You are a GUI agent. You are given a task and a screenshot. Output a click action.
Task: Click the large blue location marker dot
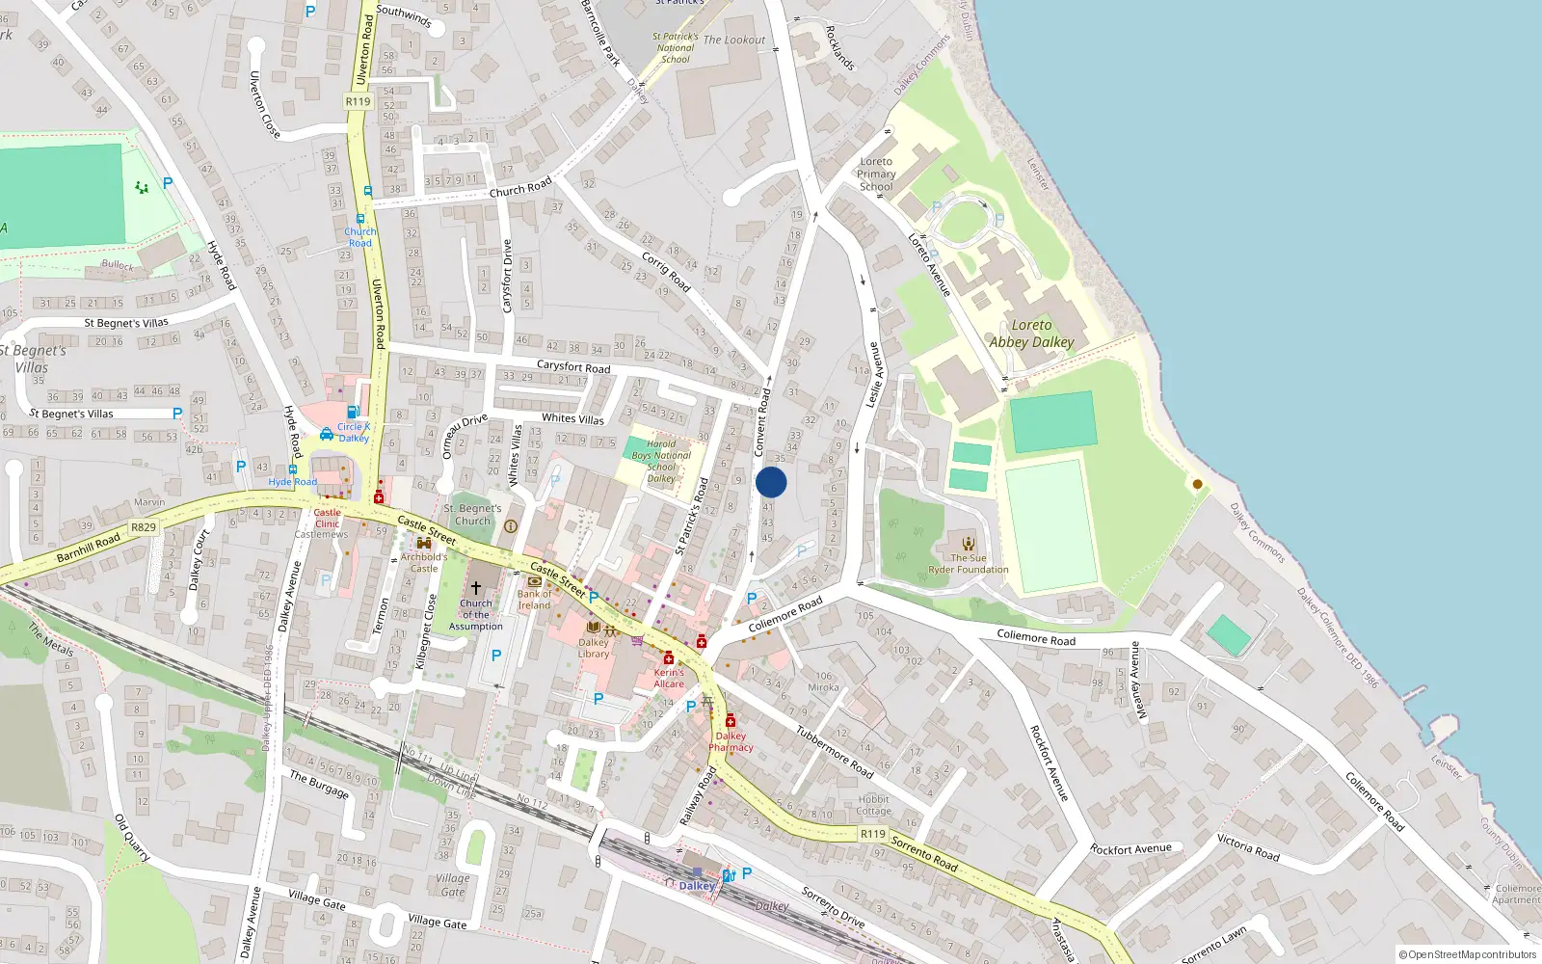pos(771,482)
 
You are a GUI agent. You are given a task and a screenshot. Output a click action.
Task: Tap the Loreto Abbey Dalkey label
pos(1031,334)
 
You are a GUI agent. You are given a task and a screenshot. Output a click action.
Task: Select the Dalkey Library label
pos(594,648)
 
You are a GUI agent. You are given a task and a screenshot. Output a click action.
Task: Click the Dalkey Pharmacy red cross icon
pos(731,721)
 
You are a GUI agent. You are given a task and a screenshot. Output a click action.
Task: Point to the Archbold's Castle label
pos(424,562)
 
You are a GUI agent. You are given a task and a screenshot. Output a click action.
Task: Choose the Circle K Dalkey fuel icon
pos(353,413)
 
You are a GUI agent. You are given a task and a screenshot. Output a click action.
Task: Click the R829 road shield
pos(144,527)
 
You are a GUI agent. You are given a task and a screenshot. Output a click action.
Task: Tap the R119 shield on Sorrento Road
pos(873,834)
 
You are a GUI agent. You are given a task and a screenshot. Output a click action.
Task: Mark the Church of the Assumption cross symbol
pos(475,587)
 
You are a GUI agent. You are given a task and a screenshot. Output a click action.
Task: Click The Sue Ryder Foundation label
pos(969,564)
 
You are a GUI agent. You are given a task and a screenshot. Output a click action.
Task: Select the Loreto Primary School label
pos(876,174)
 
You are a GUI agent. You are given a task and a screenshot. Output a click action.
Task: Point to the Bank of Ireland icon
pos(534,581)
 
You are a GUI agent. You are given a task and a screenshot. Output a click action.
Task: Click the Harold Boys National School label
pos(661,461)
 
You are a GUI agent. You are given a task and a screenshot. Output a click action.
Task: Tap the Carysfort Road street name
pos(573,366)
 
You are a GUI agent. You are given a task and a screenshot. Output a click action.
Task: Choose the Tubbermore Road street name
pos(835,752)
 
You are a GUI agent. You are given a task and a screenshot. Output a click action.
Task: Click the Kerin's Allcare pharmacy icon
pos(668,658)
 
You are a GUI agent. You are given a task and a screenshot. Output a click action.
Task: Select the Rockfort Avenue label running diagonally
pos(1050,763)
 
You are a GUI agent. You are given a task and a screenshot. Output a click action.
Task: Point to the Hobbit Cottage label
pos(874,805)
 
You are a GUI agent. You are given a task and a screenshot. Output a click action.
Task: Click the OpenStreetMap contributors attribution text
pos(1468,955)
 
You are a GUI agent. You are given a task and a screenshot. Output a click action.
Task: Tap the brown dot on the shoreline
pos(1198,484)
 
